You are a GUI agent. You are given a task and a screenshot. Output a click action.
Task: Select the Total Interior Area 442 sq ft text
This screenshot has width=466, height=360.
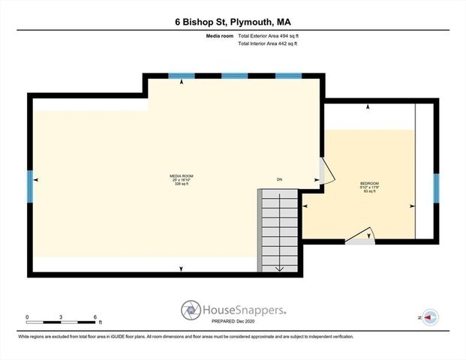coord(268,44)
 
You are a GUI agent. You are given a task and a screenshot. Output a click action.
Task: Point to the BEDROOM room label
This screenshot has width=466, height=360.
coord(369,184)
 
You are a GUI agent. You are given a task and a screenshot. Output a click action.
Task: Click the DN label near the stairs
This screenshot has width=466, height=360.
coord(279,179)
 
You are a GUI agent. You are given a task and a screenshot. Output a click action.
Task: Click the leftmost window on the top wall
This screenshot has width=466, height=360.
coord(182,76)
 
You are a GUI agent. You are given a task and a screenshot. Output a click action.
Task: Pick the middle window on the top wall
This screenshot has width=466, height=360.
coord(235,76)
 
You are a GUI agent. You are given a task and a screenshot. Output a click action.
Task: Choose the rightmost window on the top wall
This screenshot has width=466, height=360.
coord(288,76)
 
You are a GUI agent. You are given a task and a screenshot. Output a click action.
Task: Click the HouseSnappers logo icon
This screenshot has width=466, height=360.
coord(191,310)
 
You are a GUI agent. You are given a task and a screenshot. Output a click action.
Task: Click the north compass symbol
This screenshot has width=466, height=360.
coord(431,318)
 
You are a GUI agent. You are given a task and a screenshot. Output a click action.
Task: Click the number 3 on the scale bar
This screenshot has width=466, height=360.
coord(62,316)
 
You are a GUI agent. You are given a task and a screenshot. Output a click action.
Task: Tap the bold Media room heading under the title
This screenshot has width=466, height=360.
coord(218,36)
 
